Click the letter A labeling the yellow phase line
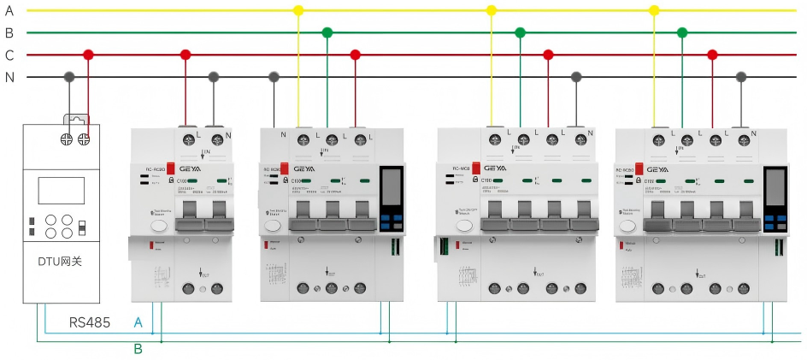9,10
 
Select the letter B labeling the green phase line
9,32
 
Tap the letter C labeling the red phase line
9,55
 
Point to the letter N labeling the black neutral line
9,77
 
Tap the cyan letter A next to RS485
138,323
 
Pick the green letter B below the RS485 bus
138,348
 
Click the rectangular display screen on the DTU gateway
61,191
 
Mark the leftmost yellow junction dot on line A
298,10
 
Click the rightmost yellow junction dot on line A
654,10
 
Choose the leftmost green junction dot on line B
327,32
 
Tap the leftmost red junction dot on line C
87,55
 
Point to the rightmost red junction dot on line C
712,55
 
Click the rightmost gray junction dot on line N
740,77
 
